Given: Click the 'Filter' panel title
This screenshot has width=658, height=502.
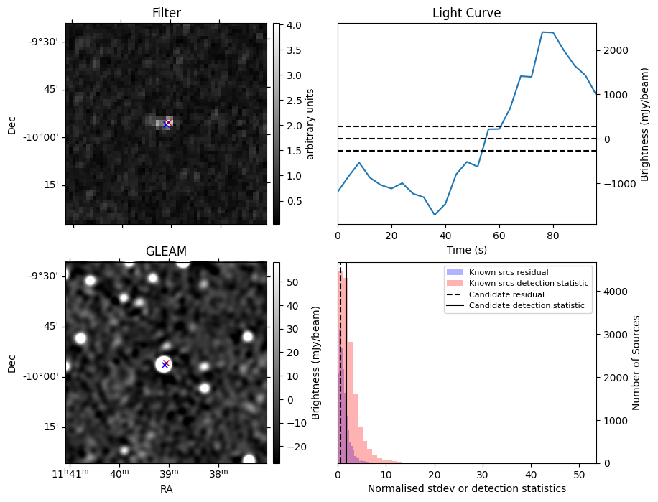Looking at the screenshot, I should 166,14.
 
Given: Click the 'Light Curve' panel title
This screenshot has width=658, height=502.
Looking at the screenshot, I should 466,14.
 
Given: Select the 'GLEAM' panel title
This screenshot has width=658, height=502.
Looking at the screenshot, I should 166,251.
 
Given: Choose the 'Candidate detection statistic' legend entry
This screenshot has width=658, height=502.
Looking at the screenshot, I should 527,306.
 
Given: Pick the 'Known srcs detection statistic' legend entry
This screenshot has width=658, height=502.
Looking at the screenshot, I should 528,284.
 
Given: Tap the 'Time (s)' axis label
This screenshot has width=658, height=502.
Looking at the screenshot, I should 466,249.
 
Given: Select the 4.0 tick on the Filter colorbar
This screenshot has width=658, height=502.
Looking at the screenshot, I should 291,25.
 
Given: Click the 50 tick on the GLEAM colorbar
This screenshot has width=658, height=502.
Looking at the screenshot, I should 291,283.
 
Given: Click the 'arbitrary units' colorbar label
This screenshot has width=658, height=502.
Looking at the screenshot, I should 310,124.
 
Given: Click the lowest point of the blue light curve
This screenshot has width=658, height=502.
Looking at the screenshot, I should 435,215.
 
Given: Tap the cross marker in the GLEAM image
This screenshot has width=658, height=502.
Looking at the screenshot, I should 165,364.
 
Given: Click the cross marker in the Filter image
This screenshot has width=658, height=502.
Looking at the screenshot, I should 167,124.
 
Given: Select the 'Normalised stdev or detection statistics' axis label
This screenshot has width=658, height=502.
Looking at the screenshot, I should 466,488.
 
